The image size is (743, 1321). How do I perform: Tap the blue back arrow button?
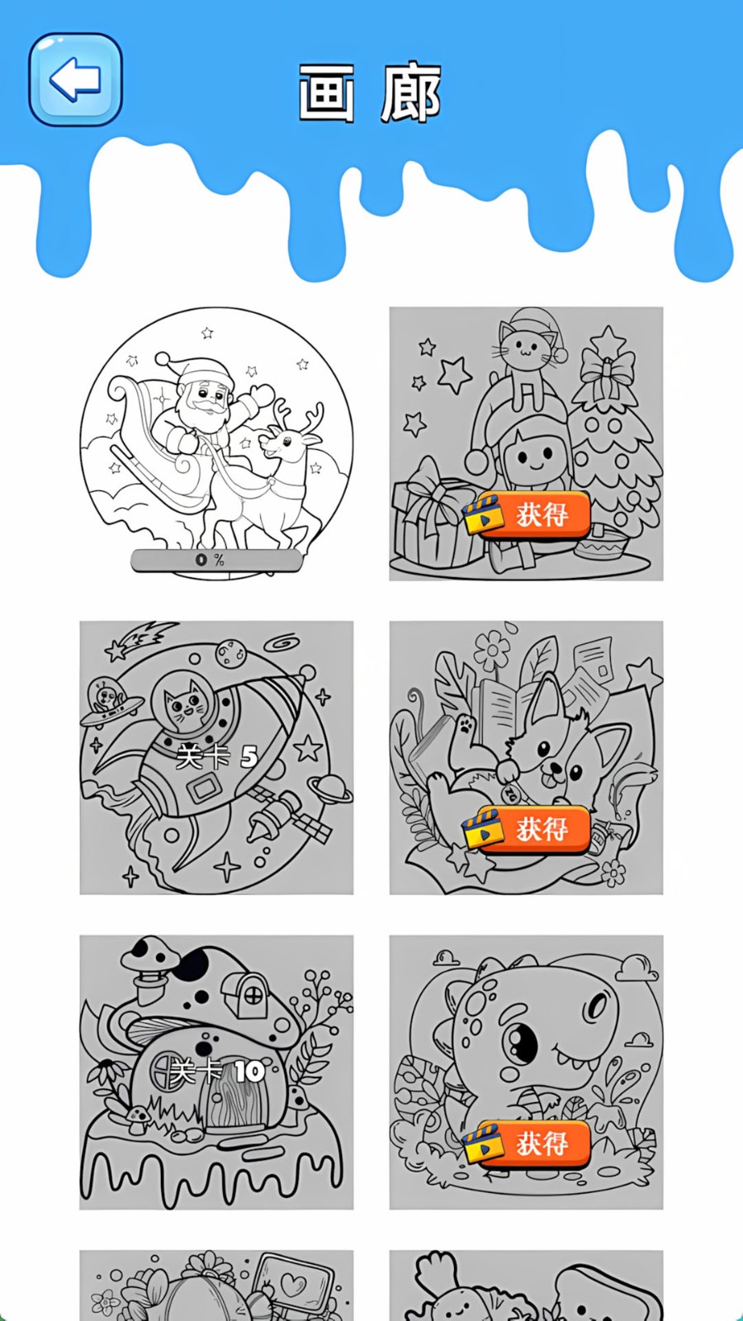tap(75, 79)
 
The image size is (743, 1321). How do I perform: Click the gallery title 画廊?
tap(369, 93)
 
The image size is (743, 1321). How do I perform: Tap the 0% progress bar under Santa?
tap(216, 561)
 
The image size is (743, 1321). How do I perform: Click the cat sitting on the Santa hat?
tap(525, 355)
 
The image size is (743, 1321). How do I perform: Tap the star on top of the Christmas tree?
tap(608, 340)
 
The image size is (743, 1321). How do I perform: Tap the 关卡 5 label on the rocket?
tap(217, 755)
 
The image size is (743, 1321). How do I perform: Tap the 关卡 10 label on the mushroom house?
tap(217, 1072)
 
